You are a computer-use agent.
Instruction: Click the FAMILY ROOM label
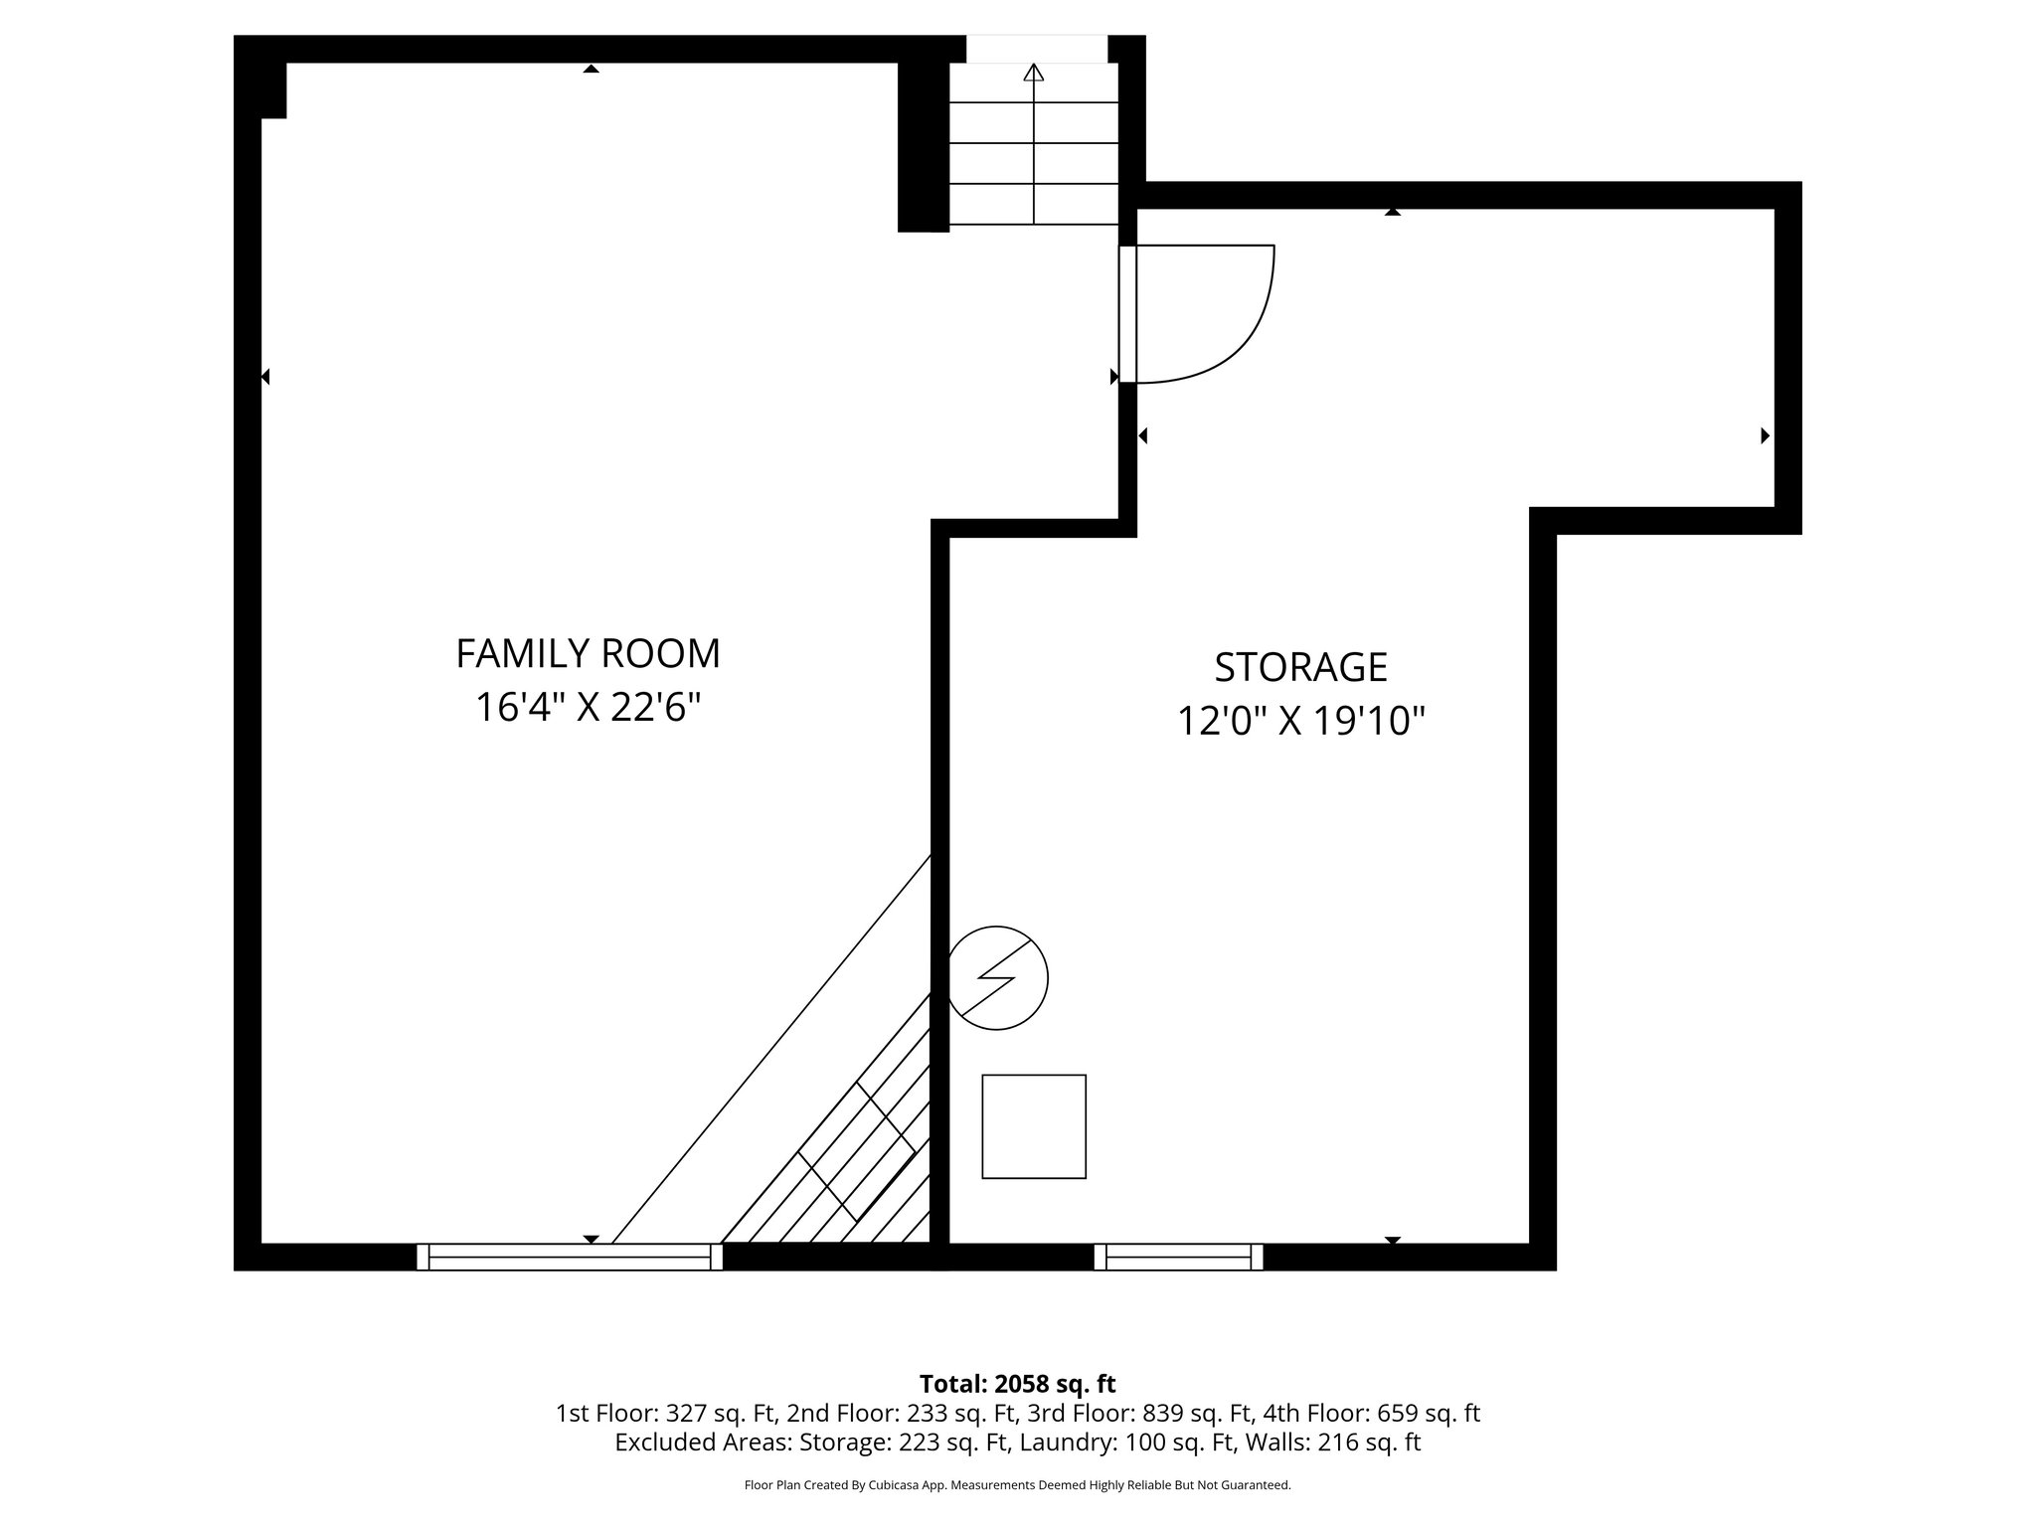(x=588, y=654)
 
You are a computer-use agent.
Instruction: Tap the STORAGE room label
(x=1300, y=667)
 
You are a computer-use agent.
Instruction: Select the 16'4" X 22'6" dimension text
(x=588, y=709)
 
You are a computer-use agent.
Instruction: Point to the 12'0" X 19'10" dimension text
(x=1300, y=722)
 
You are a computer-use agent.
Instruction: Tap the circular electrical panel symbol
(x=997, y=978)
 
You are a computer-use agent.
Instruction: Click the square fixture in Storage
(x=1034, y=1126)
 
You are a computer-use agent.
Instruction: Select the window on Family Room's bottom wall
(x=570, y=1257)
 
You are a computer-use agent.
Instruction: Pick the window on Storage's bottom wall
(x=1178, y=1257)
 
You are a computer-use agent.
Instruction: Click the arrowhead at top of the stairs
(x=1034, y=72)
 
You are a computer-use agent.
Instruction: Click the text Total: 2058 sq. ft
(x=1017, y=1384)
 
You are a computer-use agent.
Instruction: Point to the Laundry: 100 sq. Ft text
(x=1064, y=1442)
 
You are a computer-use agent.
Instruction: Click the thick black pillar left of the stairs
(x=923, y=147)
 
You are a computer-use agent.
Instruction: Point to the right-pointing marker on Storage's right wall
(x=1765, y=435)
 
